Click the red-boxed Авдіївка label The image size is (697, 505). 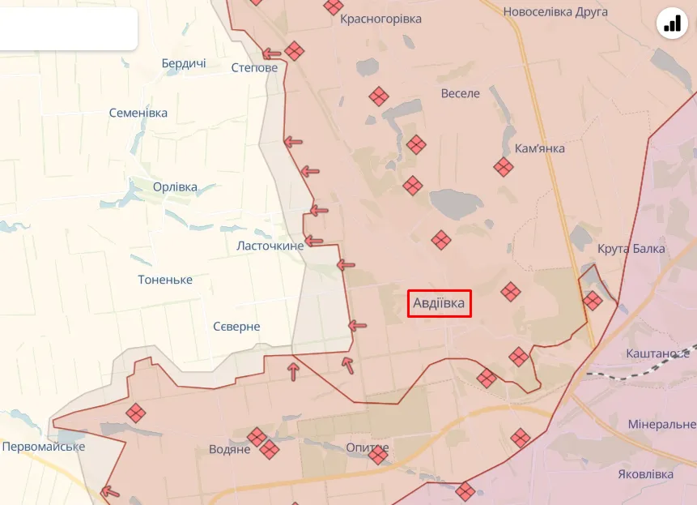click(x=440, y=303)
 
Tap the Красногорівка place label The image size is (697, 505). click(x=380, y=19)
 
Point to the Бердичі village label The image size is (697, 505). click(x=184, y=62)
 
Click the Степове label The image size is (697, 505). click(x=254, y=67)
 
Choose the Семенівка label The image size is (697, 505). click(x=138, y=113)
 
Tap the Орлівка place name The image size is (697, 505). click(x=175, y=186)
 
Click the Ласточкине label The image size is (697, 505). click(x=270, y=245)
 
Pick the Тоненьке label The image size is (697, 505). click(x=165, y=279)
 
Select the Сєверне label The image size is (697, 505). click(x=236, y=326)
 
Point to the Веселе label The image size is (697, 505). click(x=460, y=93)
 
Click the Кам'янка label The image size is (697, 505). click(x=540, y=148)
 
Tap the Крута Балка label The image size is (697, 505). click(x=631, y=248)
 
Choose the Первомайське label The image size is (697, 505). click(x=43, y=446)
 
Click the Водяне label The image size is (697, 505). click(x=230, y=449)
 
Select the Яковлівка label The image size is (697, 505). click(x=645, y=474)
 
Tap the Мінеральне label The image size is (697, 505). click(x=661, y=424)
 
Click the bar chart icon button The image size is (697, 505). click(x=672, y=24)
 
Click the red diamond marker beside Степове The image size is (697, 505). click(x=294, y=51)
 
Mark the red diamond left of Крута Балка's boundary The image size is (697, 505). click(x=593, y=301)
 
